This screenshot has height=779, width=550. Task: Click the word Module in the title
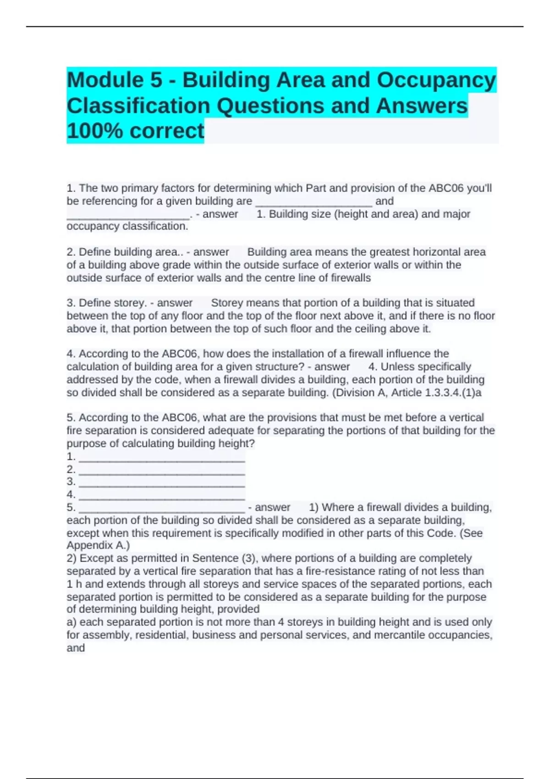[105, 80]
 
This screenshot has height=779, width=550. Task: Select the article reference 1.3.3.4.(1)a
[453, 392]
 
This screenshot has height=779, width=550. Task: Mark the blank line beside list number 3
[162, 482]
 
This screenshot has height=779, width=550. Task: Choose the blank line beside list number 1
[162, 457]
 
